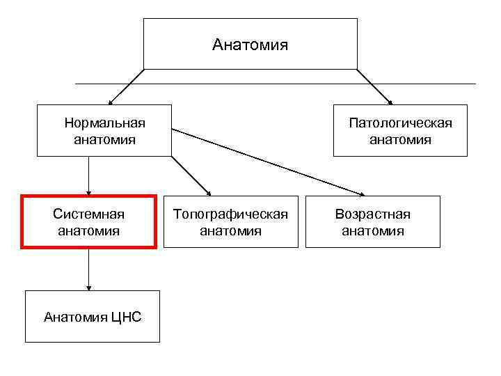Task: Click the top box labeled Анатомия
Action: pos(250,44)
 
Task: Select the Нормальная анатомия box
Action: pos(104,131)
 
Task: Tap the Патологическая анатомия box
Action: pos(400,131)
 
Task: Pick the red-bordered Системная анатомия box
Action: pos(88,221)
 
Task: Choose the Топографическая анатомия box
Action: pos(230,221)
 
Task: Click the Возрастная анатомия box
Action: pos(373,221)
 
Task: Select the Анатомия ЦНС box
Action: pos(92,317)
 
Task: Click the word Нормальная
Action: pos(104,123)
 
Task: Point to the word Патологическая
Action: pos(400,123)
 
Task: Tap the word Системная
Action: pos(88,214)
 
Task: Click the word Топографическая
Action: pos(230,214)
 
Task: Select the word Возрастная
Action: pos(373,214)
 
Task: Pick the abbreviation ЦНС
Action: pos(125,318)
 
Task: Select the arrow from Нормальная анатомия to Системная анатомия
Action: pos(88,175)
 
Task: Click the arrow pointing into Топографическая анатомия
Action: pos(191,175)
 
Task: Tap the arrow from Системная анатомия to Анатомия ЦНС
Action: pos(88,269)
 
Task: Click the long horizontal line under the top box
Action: pos(417,84)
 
